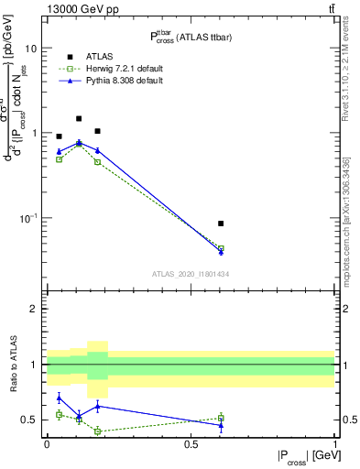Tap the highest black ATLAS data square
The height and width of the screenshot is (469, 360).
click(x=79, y=118)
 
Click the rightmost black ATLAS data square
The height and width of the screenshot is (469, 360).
click(x=221, y=224)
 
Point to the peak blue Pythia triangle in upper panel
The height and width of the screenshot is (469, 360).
click(x=79, y=142)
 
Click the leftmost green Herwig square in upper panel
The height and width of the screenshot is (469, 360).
click(x=59, y=159)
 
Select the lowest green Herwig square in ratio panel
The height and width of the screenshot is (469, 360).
click(x=97, y=431)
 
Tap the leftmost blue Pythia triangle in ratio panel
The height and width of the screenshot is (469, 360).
click(x=59, y=397)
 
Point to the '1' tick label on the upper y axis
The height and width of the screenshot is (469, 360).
click(x=34, y=133)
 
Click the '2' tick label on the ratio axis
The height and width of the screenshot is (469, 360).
click(x=34, y=309)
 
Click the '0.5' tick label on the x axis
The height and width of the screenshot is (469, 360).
click(x=191, y=444)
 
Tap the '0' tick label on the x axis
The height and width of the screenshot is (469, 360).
click(x=47, y=444)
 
